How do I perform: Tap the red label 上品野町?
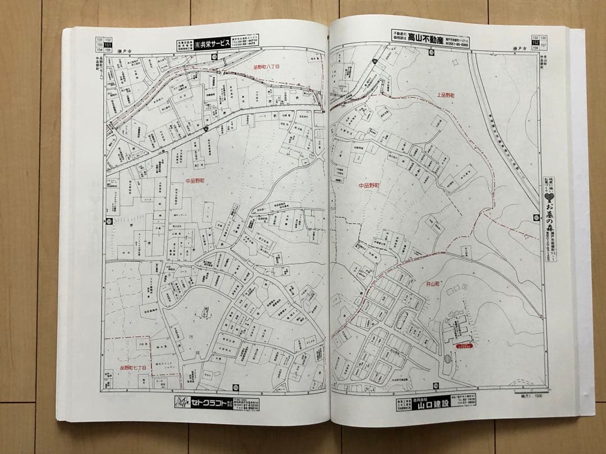click(444, 96)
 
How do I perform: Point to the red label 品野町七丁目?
click(133, 368)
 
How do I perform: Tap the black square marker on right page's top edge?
click(431, 52)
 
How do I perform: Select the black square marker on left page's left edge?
click(109, 221)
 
